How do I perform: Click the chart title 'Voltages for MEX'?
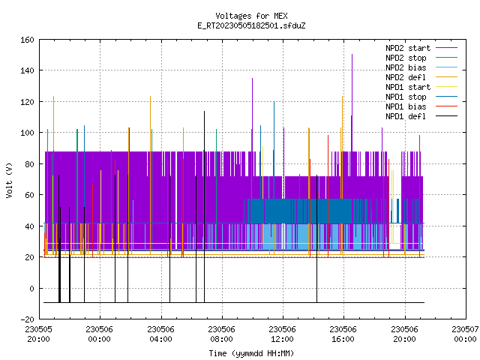[251, 16]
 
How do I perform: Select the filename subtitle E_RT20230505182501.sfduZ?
[251, 25]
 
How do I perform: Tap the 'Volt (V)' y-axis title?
[9, 180]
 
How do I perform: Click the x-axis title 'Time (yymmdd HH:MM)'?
[251, 353]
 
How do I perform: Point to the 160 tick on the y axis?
[27, 40]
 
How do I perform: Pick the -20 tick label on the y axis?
[27, 319]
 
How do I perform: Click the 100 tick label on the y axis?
[27, 133]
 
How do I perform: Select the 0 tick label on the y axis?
[31, 288]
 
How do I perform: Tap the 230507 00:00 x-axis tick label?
[465, 334]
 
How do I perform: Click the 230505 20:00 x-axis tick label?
[38, 334]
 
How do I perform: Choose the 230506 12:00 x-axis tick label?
[282, 334]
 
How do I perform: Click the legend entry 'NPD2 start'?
[408, 48]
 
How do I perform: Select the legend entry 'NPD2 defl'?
[406, 77]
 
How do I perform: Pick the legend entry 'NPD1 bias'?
[406, 106]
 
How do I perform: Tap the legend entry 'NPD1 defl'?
[406, 116]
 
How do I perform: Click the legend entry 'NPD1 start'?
[408, 87]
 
